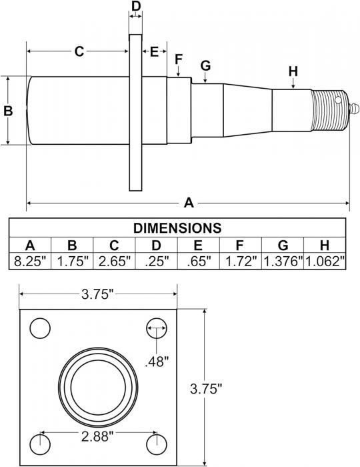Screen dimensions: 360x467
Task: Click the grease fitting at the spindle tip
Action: coord(353,108)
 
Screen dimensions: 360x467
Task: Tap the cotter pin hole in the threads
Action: coord(338,100)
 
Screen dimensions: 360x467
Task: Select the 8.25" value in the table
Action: coord(31,262)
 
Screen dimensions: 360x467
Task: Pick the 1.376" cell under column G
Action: coord(283,262)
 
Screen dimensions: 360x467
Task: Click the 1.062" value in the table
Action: coord(325,262)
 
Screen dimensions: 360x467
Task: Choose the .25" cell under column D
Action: coord(157,262)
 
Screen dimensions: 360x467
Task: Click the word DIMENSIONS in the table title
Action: coord(177,228)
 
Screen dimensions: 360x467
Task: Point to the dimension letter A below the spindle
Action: coord(189,203)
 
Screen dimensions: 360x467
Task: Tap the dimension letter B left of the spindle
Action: coord(8,111)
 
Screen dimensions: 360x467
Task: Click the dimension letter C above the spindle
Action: coord(79,51)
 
